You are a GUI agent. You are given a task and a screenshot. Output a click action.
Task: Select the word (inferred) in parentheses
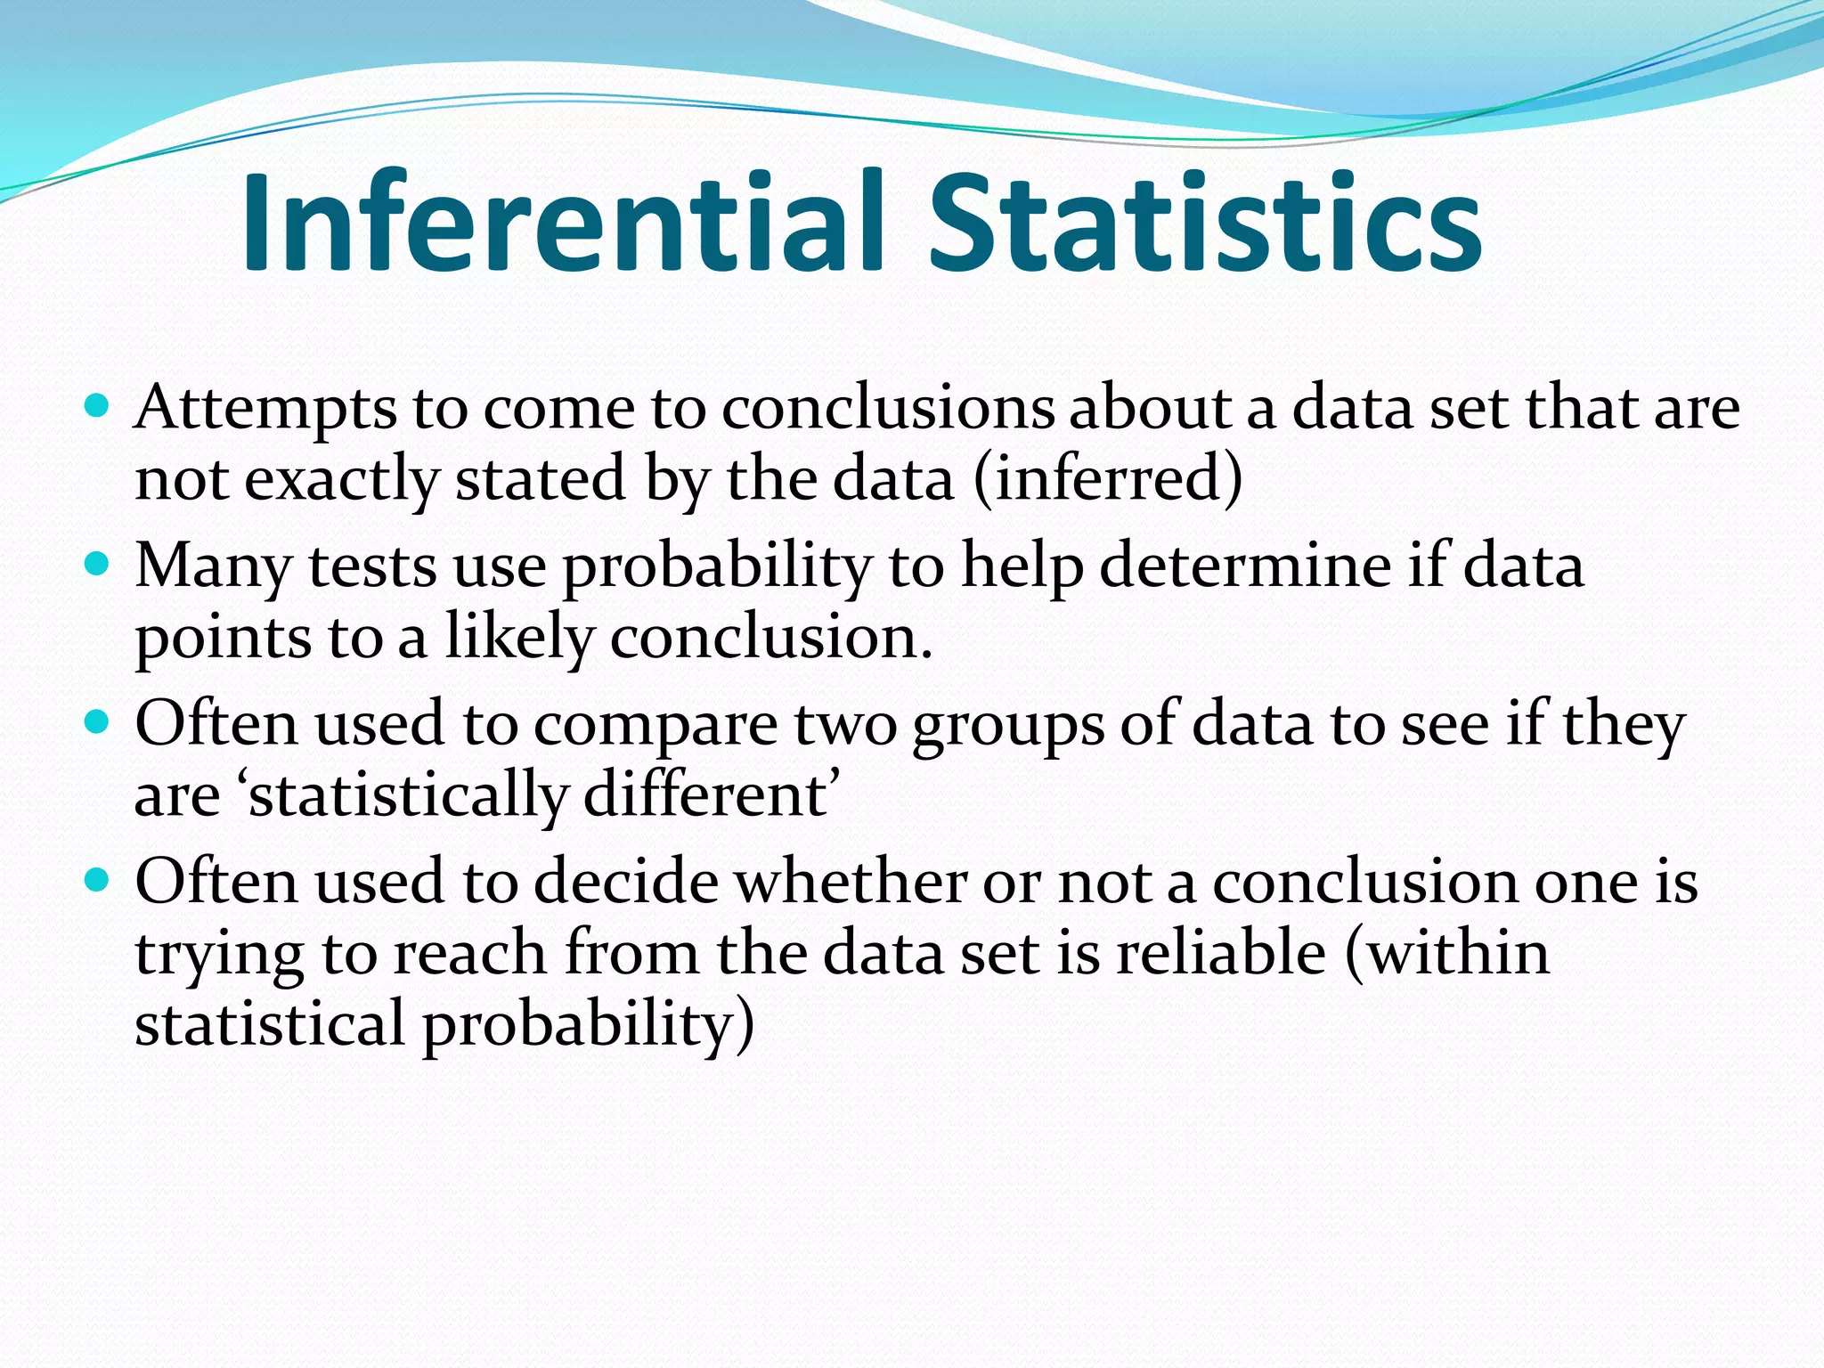(x=1108, y=479)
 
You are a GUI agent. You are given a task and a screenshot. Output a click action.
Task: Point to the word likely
(x=519, y=638)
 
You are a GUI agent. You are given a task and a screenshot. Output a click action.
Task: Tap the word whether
(x=852, y=882)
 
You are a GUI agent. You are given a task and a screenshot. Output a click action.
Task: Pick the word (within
(x=1447, y=953)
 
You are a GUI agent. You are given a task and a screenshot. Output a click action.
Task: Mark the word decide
(x=627, y=882)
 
